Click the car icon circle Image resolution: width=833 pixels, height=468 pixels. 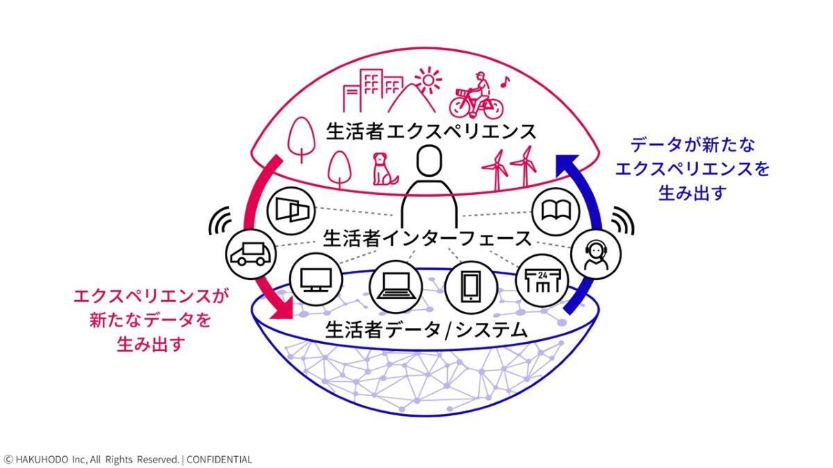coord(251,254)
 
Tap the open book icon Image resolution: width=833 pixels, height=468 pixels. coord(556,211)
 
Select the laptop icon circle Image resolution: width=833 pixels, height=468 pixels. coord(396,286)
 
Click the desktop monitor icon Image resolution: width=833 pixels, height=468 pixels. coord(316,279)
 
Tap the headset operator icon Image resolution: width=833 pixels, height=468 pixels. coord(596,254)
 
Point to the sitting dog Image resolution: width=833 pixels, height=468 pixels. coord(384,169)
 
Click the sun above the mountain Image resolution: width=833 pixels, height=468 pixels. coord(428,80)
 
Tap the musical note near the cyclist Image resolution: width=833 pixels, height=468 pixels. coord(505,82)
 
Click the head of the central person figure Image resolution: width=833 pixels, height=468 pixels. coord(430,161)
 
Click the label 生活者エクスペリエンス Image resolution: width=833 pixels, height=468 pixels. coord(430,132)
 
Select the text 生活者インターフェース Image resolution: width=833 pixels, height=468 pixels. coord(427,238)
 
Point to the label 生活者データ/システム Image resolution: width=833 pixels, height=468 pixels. coord(426,330)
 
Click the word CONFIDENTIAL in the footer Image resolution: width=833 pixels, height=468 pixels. coord(219,460)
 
